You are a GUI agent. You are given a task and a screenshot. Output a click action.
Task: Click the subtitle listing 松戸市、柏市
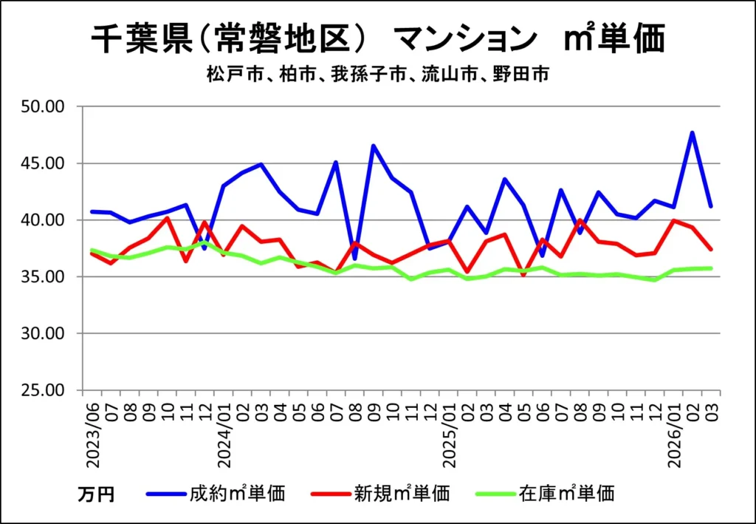click(x=377, y=75)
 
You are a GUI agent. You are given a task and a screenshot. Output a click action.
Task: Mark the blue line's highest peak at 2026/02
click(x=693, y=133)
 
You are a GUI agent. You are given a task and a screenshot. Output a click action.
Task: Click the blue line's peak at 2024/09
click(x=374, y=146)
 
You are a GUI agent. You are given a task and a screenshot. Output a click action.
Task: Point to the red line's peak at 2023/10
click(x=168, y=218)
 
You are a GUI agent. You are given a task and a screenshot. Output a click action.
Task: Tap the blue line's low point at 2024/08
click(x=355, y=259)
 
